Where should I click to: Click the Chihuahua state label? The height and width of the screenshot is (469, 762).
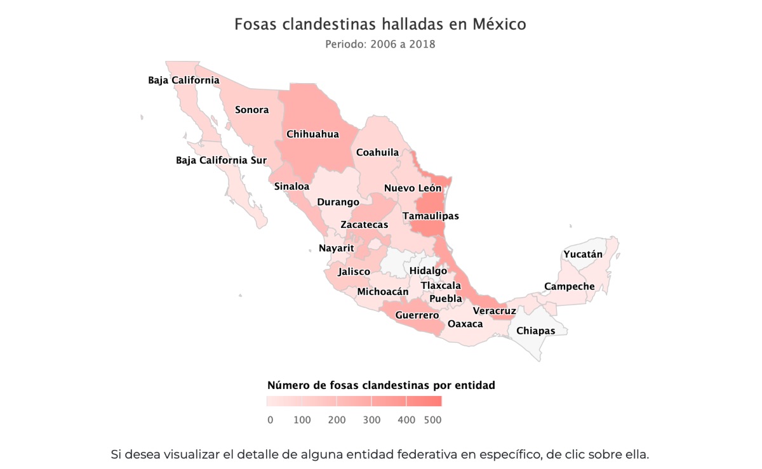312,135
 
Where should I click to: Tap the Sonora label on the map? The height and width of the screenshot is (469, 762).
252,110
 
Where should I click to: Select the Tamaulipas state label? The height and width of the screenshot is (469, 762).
431,216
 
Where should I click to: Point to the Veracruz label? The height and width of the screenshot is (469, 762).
495,311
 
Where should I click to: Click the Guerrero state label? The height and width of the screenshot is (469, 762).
417,315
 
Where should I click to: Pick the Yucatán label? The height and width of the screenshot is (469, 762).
583,254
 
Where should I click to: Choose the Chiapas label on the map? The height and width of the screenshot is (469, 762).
536,331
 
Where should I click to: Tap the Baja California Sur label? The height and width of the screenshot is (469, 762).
221,161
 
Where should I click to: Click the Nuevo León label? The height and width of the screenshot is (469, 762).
413,188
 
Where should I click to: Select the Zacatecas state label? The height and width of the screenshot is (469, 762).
364,225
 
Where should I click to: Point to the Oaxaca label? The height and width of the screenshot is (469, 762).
465,324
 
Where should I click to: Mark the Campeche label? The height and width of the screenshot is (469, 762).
570,287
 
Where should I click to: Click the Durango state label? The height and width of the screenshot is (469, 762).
338,202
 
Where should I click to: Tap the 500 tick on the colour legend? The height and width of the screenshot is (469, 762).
433,420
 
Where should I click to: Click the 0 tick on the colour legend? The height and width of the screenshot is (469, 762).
271,420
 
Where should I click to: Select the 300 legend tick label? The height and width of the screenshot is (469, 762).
372,420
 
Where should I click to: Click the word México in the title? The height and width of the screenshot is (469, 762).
499,25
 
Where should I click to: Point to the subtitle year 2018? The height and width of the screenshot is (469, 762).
422,45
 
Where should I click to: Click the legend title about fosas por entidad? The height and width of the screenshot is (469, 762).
381,385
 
